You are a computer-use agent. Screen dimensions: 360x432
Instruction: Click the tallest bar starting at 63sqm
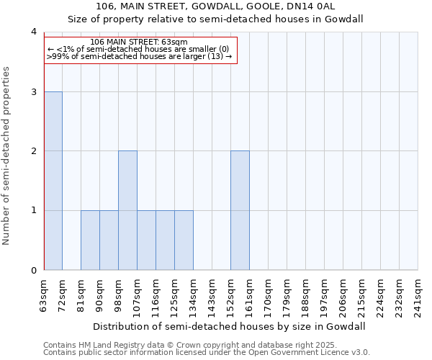pyautogui.click(x=53, y=181)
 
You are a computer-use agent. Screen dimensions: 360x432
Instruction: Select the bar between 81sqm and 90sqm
pyautogui.click(x=90, y=240)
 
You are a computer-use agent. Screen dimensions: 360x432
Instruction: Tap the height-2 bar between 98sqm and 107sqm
pyautogui.click(x=127, y=210)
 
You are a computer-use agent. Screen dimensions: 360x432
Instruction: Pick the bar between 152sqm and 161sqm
pyautogui.click(x=240, y=210)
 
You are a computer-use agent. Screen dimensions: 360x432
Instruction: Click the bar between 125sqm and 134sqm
pyautogui.click(x=184, y=240)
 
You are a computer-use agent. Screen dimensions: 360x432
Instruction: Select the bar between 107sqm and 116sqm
pyautogui.click(x=146, y=240)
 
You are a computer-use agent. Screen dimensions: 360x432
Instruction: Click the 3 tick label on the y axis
pyautogui.click(x=34, y=91)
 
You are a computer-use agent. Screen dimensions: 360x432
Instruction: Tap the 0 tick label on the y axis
pyautogui.click(x=34, y=270)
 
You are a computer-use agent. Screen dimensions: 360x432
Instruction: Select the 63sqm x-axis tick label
pyautogui.click(x=45, y=293)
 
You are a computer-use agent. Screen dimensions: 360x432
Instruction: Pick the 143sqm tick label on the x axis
pyautogui.click(x=212, y=294)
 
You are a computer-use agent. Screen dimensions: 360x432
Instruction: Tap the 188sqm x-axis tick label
pyautogui.click(x=306, y=294)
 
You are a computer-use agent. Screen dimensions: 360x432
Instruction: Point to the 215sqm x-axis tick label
pyautogui.click(x=362, y=294)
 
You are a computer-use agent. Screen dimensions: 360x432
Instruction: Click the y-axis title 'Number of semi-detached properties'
pyautogui.click(x=7, y=156)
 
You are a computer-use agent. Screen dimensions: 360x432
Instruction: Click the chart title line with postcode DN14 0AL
pyautogui.click(x=216, y=6)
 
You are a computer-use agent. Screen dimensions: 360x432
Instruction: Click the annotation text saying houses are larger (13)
pyautogui.click(x=140, y=56)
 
